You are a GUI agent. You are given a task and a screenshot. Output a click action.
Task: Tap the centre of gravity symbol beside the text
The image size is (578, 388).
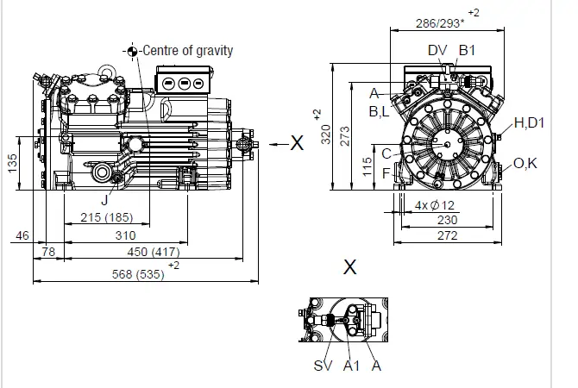coord(132,51)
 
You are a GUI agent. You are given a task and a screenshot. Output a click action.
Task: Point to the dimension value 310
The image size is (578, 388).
coord(126,235)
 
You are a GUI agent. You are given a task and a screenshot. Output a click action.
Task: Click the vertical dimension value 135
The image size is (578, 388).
coord(11,163)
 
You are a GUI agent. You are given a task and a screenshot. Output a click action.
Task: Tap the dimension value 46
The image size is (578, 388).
coord(22,235)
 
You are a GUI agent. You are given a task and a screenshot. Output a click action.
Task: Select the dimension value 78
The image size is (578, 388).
coord(48,252)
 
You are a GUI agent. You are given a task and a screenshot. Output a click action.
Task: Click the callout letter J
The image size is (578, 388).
coord(104,199)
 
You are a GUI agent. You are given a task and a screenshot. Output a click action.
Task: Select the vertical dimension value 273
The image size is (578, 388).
coord(343,136)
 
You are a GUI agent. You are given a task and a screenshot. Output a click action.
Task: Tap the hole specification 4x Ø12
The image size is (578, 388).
coord(435,205)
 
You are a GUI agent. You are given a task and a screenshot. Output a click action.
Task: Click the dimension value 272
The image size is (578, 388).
coord(446,235)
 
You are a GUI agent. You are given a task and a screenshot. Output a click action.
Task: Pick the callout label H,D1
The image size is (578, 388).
coord(529,123)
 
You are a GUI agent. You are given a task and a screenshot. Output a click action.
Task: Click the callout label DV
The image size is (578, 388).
coord(437,51)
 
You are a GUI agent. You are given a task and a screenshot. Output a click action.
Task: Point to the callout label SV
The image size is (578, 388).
coord(323,366)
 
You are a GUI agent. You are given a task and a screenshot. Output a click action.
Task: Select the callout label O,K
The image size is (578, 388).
coord(525,163)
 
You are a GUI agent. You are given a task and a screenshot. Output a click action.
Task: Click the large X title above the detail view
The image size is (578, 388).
coord(349,266)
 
